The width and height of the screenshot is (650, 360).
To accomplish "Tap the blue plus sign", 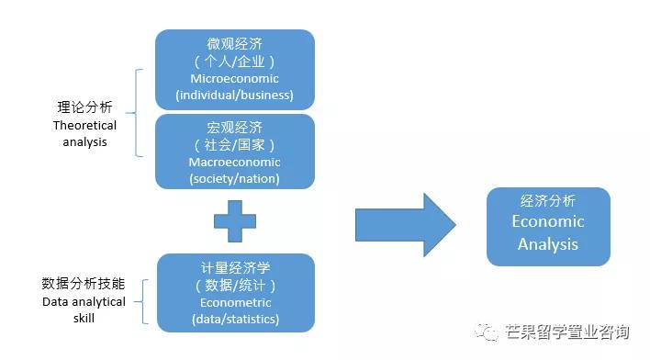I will pyautogui.click(x=234, y=221).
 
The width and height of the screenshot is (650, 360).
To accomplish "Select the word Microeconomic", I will pyautogui.click(x=234, y=78).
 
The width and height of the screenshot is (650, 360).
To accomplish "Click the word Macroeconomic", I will pyautogui.click(x=234, y=162).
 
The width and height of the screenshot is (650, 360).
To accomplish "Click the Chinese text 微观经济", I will pyautogui.click(x=234, y=44).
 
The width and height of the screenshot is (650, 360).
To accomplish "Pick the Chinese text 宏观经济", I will pyautogui.click(x=234, y=128).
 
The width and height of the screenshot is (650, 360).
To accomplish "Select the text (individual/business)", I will pyautogui.click(x=234, y=95).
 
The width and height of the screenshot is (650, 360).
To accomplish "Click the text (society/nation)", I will pyautogui.click(x=234, y=178).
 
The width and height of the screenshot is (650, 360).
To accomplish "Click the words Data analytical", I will pyautogui.click(x=84, y=301).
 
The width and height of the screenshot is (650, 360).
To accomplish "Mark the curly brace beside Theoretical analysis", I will pyautogui.click(x=138, y=112).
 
